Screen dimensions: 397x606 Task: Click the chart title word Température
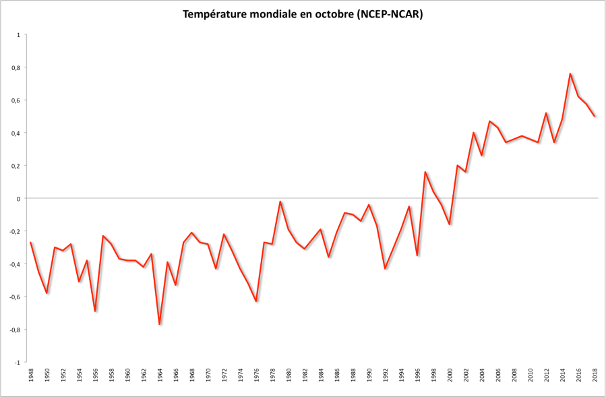[215, 15]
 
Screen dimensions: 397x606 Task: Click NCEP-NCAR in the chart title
[388, 15]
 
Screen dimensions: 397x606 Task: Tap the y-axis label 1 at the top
[19, 34]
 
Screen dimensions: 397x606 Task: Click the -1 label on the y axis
[18, 362]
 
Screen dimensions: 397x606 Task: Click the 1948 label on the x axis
[31, 375]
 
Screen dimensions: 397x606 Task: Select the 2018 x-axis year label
[595, 375]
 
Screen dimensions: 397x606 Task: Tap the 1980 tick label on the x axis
[289, 375]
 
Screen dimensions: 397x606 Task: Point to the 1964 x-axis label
[160, 375]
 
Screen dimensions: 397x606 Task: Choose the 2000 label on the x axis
[450, 375]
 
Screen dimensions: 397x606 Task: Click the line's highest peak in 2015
[570, 73]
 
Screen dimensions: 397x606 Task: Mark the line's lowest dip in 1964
[160, 324]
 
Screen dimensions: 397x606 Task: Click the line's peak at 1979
[280, 202]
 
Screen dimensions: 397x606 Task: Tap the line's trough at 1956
[95, 311]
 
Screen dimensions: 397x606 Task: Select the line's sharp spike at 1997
[425, 172]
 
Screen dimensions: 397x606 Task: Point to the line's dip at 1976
[256, 301]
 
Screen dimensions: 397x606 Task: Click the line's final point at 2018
[595, 116]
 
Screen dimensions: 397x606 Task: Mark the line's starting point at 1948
[31, 242]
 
